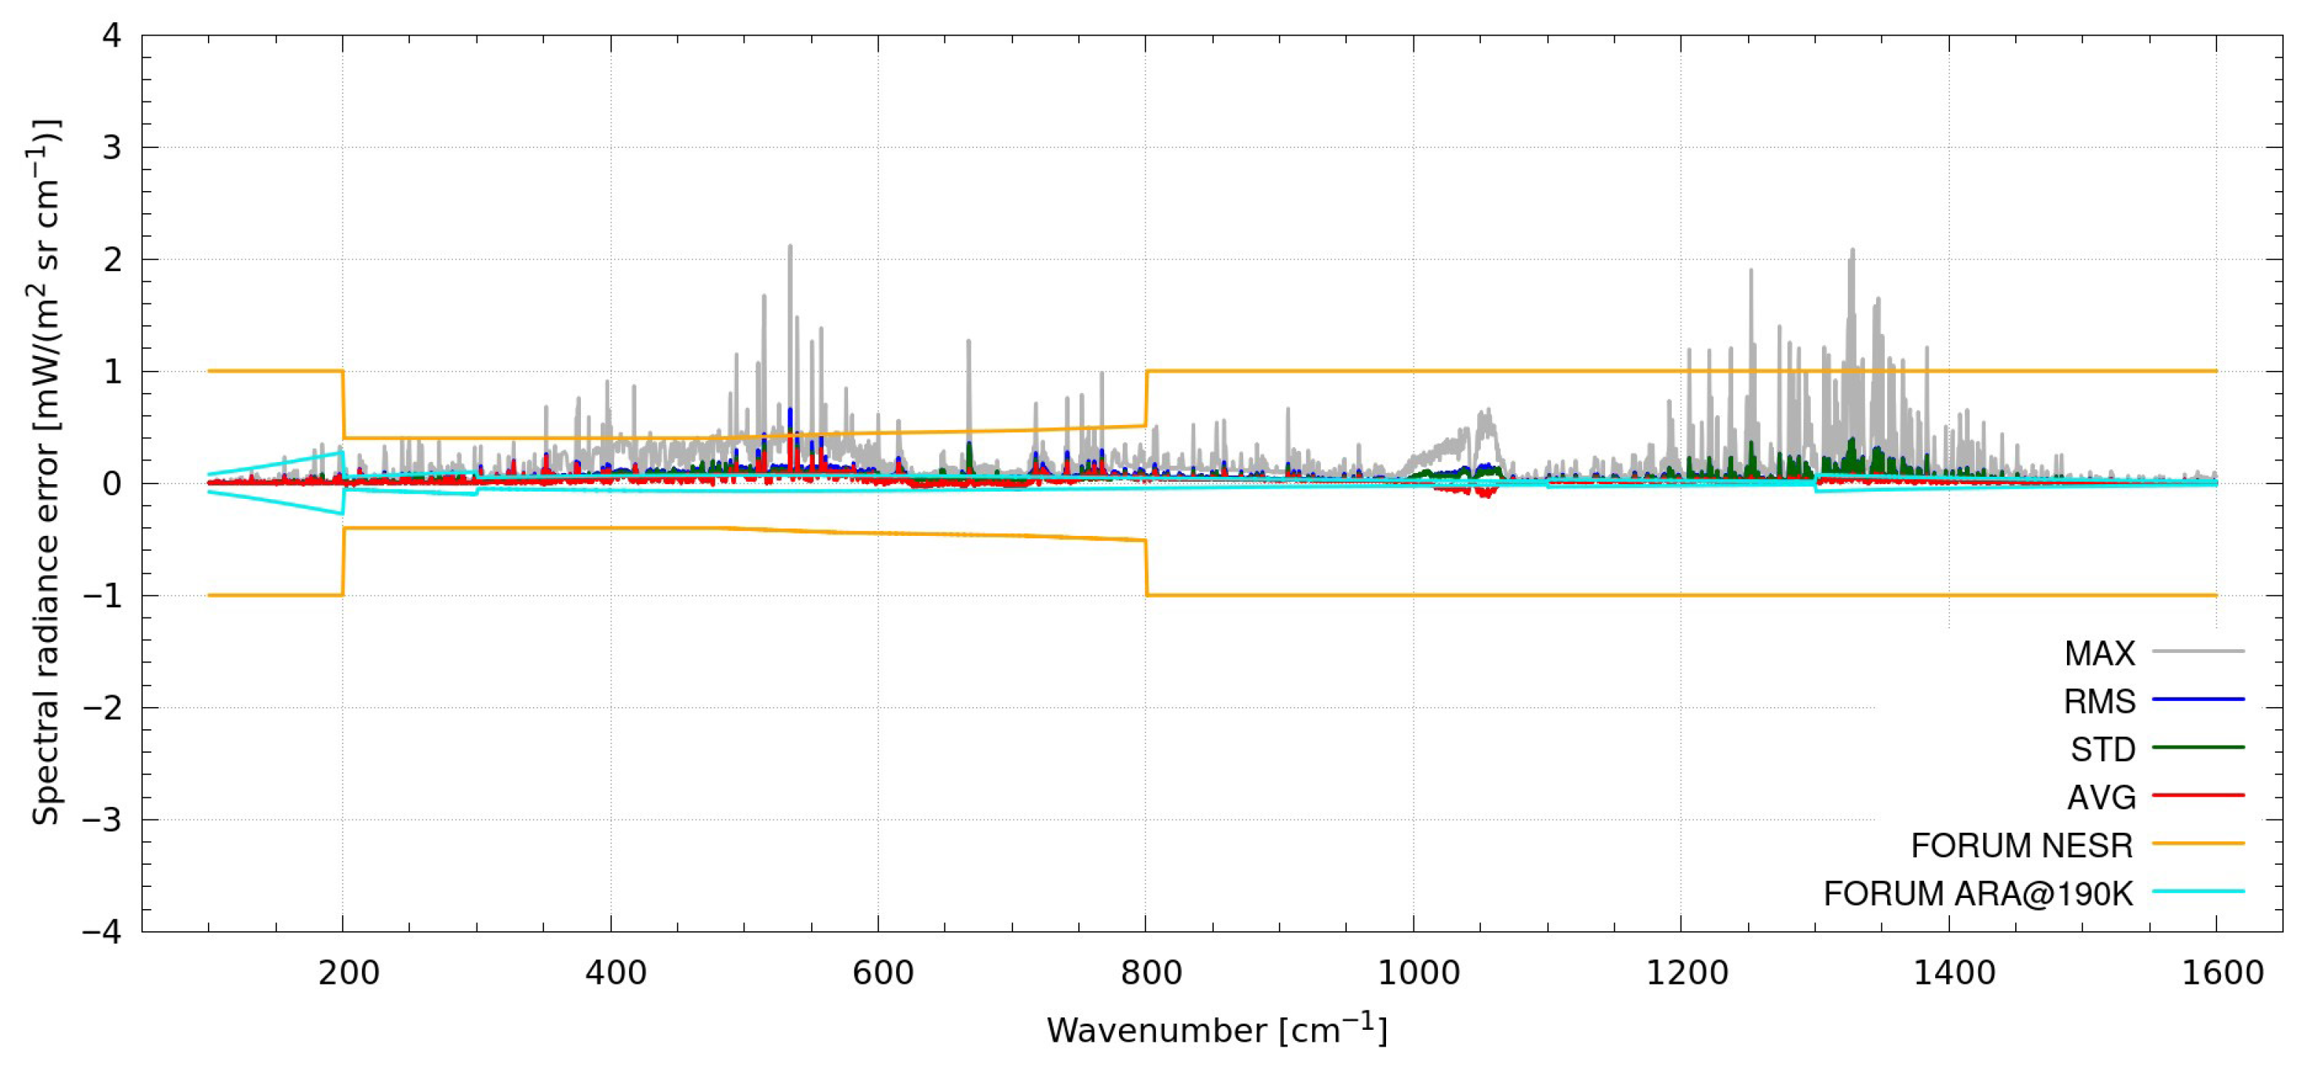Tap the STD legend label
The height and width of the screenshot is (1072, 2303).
click(2102, 749)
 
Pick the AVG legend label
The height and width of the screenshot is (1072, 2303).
click(2101, 797)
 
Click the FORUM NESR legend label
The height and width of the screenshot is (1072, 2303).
click(2021, 845)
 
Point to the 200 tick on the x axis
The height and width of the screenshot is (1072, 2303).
click(349, 973)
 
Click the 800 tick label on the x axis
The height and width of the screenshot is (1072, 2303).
click(1151, 973)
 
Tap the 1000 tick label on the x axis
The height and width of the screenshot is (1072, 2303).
click(1418, 973)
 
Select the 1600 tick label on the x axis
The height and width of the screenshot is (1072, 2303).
click(2222, 973)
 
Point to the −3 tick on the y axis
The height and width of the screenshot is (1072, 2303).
click(101, 819)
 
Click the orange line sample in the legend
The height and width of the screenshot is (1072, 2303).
click(2197, 843)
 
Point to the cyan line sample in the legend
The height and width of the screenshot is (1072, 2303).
click(2197, 891)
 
